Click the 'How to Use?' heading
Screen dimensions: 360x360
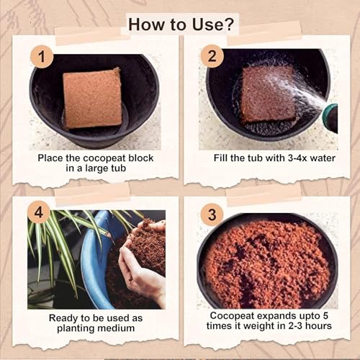[x=181, y=23]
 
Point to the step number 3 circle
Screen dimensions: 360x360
[x=212, y=215]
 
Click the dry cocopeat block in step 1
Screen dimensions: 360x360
[x=92, y=97]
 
